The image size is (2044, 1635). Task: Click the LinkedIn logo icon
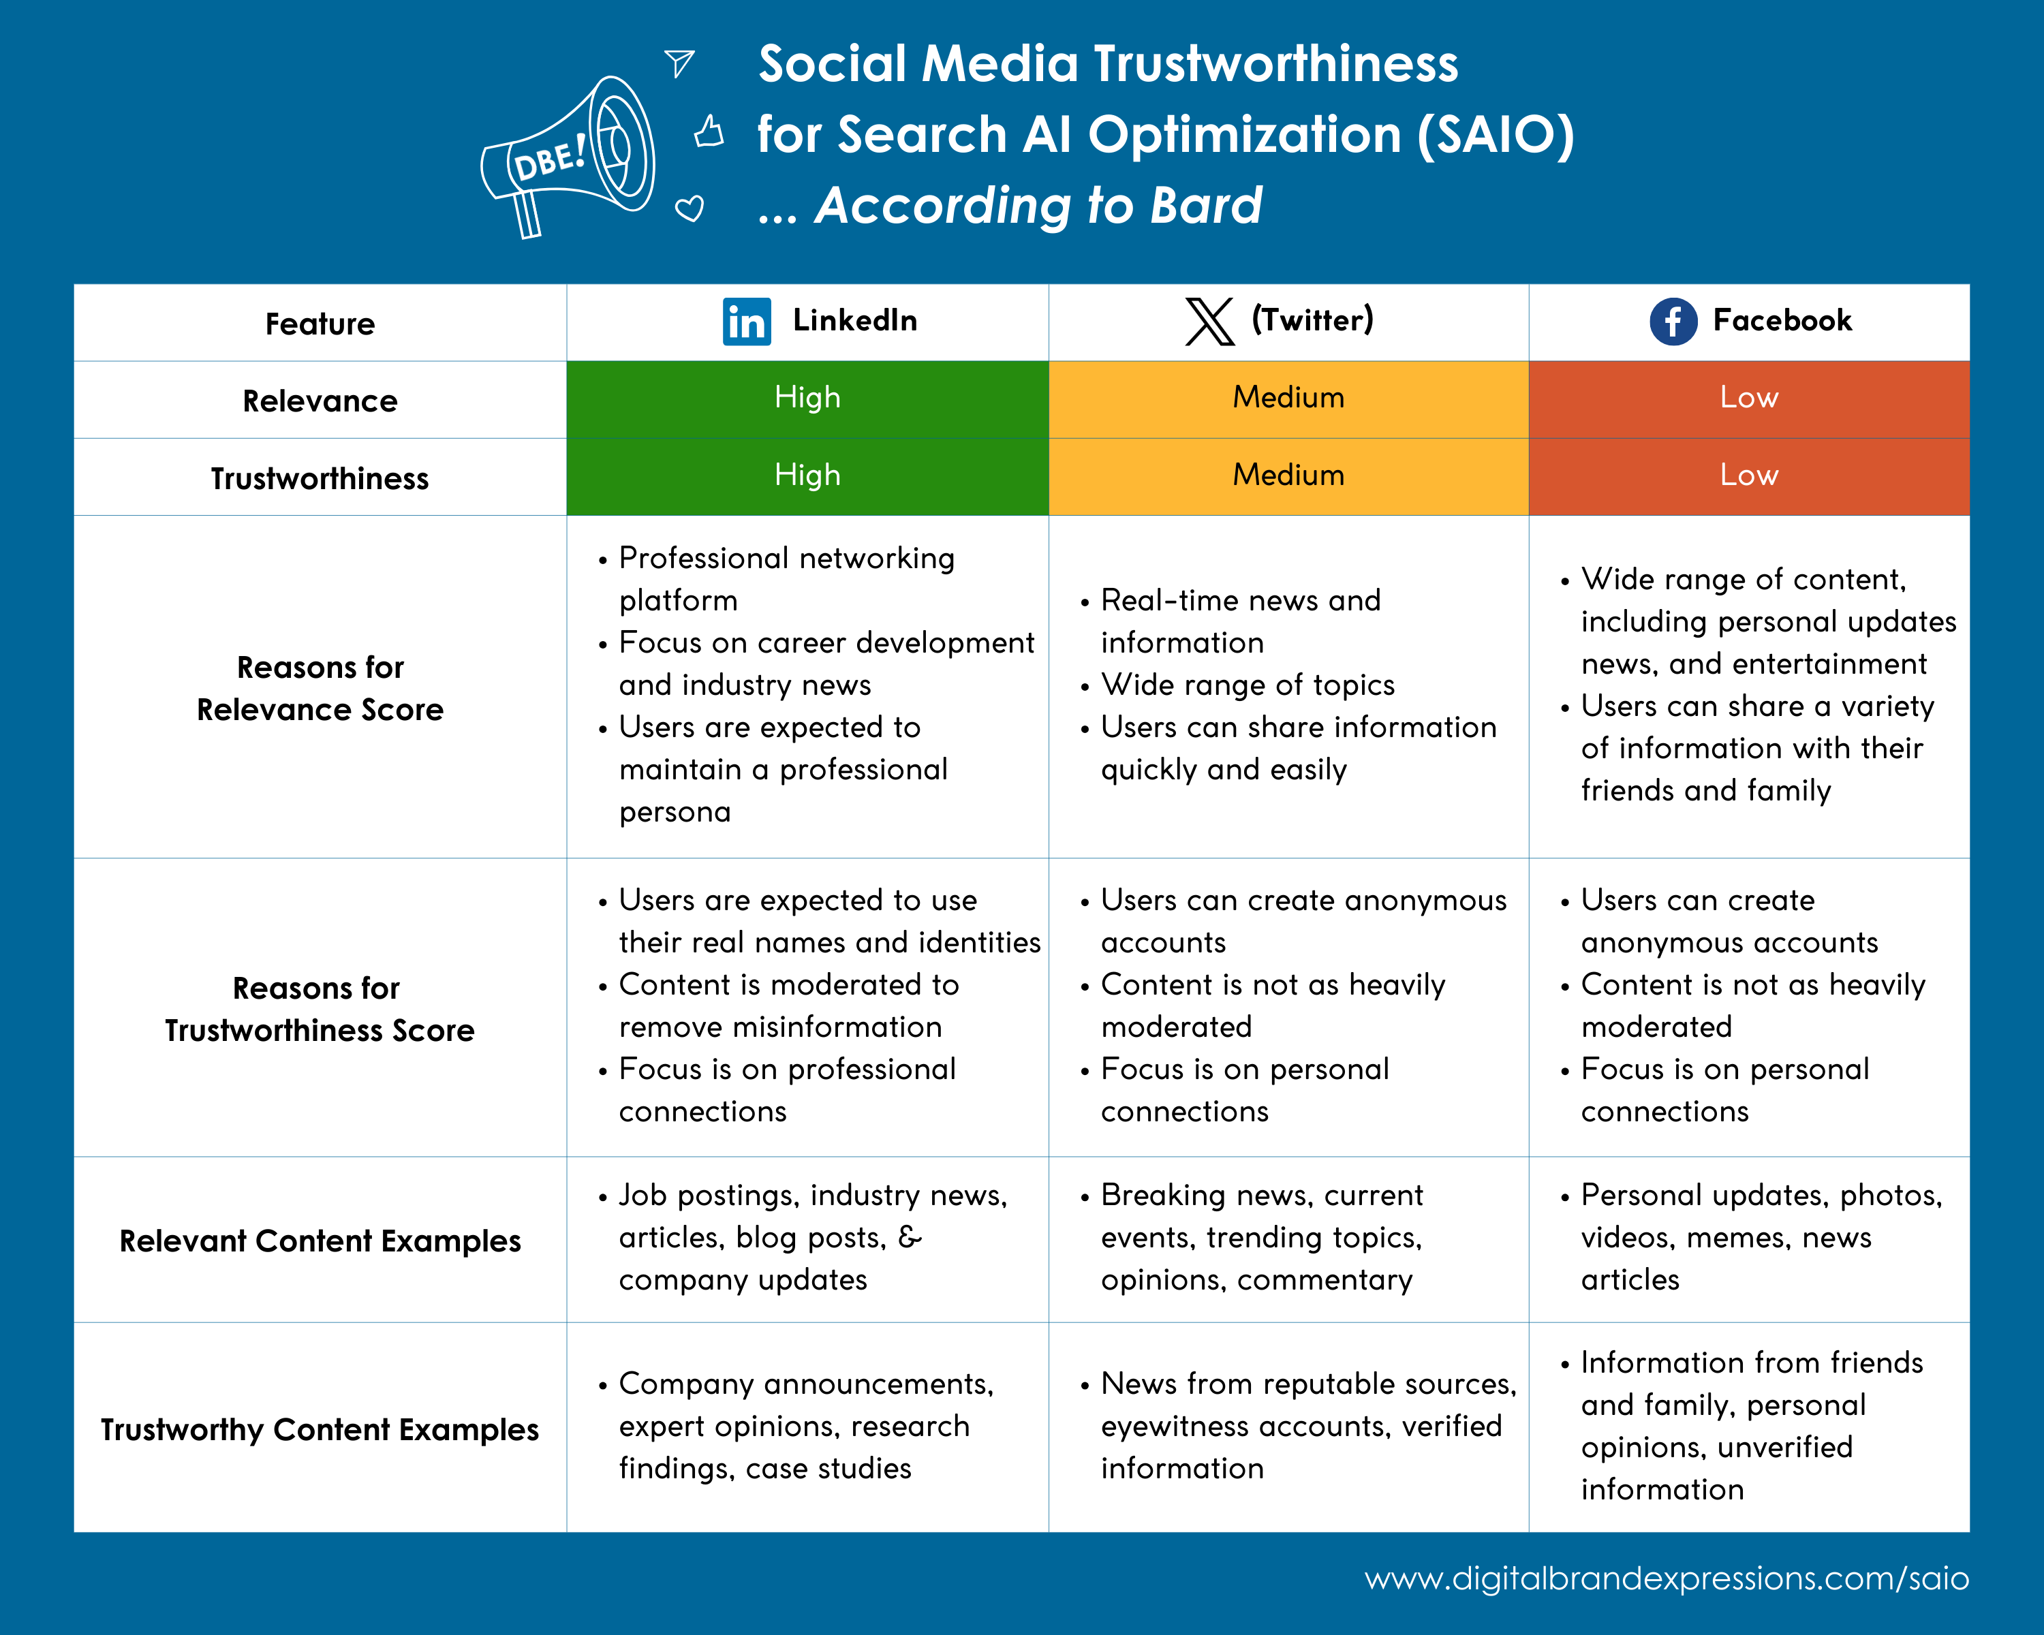point(746,322)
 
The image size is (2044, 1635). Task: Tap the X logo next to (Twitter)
point(1210,322)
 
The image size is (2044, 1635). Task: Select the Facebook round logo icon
point(1673,322)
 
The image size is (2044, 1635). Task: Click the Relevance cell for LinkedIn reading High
point(807,398)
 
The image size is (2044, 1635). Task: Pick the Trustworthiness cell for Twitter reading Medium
point(1288,476)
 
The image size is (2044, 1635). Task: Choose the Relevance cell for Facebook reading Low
point(1748,398)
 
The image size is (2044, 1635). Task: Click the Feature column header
point(320,324)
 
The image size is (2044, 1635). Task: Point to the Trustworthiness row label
point(320,479)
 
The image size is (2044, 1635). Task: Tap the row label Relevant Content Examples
point(320,1241)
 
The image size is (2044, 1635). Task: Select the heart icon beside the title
point(690,208)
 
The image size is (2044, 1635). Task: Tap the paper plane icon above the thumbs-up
point(680,63)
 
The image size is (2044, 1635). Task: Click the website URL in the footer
point(1666,1578)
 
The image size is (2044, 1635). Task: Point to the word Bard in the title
point(1205,206)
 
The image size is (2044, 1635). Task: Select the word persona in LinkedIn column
point(674,812)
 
